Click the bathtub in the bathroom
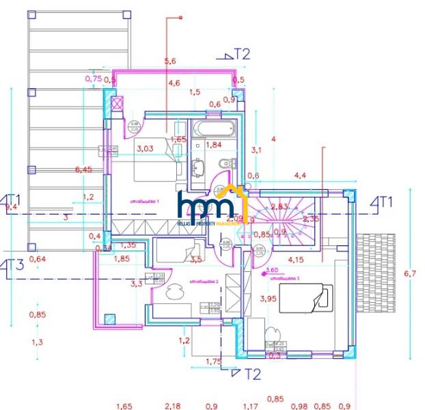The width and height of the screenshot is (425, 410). [214, 128]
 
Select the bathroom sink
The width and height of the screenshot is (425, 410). [200, 166]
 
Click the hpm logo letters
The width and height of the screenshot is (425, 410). [210, 205]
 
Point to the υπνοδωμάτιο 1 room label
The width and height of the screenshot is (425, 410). [144, 202]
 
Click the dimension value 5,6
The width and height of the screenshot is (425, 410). [171, 61]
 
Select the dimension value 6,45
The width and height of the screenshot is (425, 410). [83, 169]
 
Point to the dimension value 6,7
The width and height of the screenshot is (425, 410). [410, 273]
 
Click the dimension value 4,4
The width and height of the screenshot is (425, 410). [299, 176]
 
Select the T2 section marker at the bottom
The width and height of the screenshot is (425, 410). [251, 374]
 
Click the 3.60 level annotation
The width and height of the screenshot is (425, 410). [271, 269]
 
